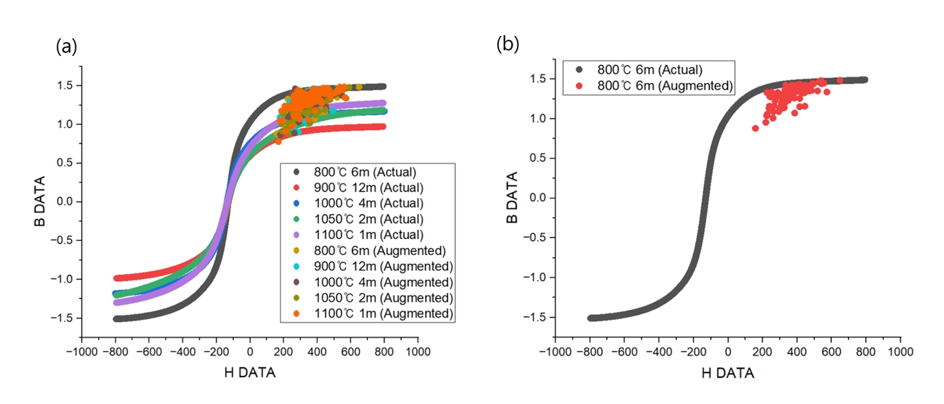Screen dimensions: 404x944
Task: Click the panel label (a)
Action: tap(66, 47)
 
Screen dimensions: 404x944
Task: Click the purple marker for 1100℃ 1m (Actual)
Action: tap(297, 235)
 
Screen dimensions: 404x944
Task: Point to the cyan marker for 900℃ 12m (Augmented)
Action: tap(297, 267)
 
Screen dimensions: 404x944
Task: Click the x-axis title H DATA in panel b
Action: tap(727, 373)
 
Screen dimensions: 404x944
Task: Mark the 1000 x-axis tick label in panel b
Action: tap(899, 351)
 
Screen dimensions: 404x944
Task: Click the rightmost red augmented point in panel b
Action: tap(840, 80)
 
